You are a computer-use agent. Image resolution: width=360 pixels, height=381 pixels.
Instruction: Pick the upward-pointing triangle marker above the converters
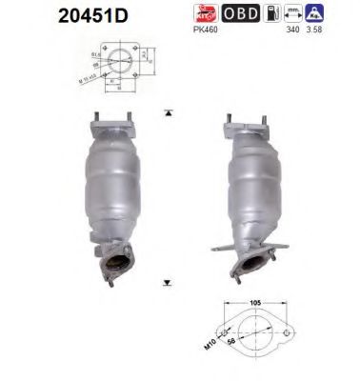coord(169,111)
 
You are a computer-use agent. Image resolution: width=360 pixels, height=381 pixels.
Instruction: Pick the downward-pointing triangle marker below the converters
coord(169,283)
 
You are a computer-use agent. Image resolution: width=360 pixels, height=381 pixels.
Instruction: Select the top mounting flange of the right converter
coord(245,125)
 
